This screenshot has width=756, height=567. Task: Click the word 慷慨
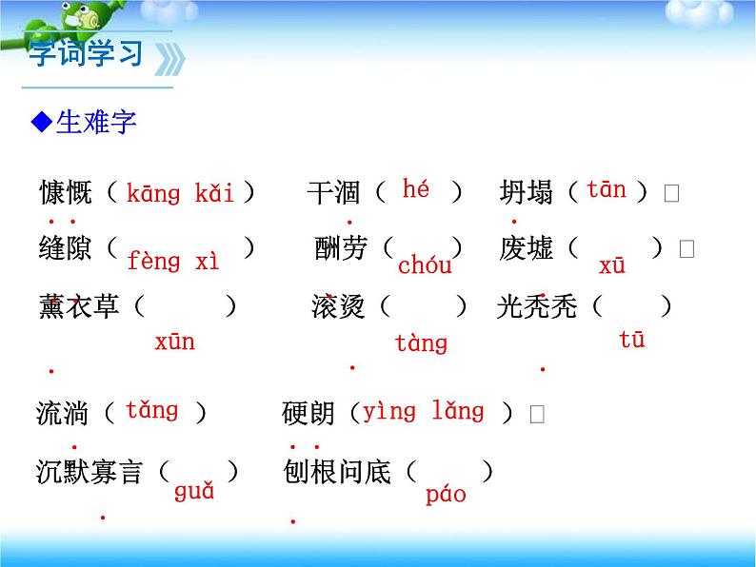pyautogui.click(x=66, y=193)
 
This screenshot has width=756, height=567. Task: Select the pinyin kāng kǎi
pyautogui.click(x=180, y=194)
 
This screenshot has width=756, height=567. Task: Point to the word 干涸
pyautogui.click(x=333, y=193)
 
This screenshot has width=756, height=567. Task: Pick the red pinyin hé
pyautogui.click(x=416, y=188)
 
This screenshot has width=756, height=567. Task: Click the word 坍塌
pyautogui.click(x=526, y=193)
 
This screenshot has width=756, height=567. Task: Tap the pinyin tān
pyautogui.click(x=607, y=189)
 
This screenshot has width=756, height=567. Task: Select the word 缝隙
pyautogui.click(x=66, y=249)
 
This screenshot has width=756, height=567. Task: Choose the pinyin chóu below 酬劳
pyautogui.click(x=425, y=265)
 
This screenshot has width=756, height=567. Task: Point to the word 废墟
pyautogui.click(x=526, y=249)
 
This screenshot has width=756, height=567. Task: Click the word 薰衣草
pyautogui.click(x=79, y=306)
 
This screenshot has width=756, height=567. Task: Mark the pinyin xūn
pyautogui.click(x=174, y=342)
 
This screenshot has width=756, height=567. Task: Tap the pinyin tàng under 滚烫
pyautogui.click(x=421, y=343)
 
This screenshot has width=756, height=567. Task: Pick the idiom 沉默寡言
pyautogui.click(x=90, y=471)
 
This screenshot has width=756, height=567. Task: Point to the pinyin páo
pyautogui.click(x=446, y=495)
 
